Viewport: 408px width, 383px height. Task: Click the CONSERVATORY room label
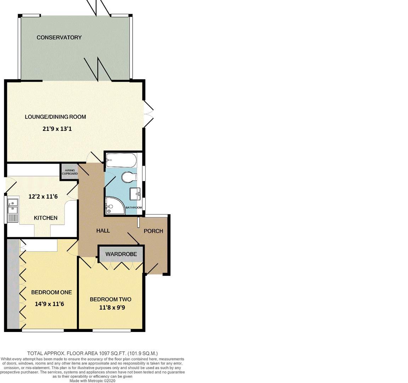pyautogui.click(x=59, y=37)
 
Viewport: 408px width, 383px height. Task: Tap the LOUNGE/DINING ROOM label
pyautogui.click(x=55, y=117)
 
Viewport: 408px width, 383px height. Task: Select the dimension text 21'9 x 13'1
pyautogui.click(x=57, y=129)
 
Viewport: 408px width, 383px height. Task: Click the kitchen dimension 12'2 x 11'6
pyautogui.click(x=43, y=196)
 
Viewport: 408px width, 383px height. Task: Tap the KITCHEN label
pyautogui.click(x=45, y=218)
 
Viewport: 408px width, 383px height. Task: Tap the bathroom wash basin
pyautogui.click(x=136, y=193)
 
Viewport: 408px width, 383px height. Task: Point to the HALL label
pyautogui.click(x=103, y=231)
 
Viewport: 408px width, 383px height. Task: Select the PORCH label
pyautogui.click(x=153, y=231)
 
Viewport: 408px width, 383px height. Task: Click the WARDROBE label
pyautogui.click(x=121, y=254)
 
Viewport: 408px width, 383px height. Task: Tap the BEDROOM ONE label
pyautogui.click(x=51, y=292)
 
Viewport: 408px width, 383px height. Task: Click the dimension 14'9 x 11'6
pyautogui.click(x=50, y=304)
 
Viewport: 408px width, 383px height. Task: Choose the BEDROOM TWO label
pyautogui.click(x=110, y=299)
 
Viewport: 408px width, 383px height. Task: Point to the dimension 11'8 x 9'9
pyautogui.click(x=112, y=307)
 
